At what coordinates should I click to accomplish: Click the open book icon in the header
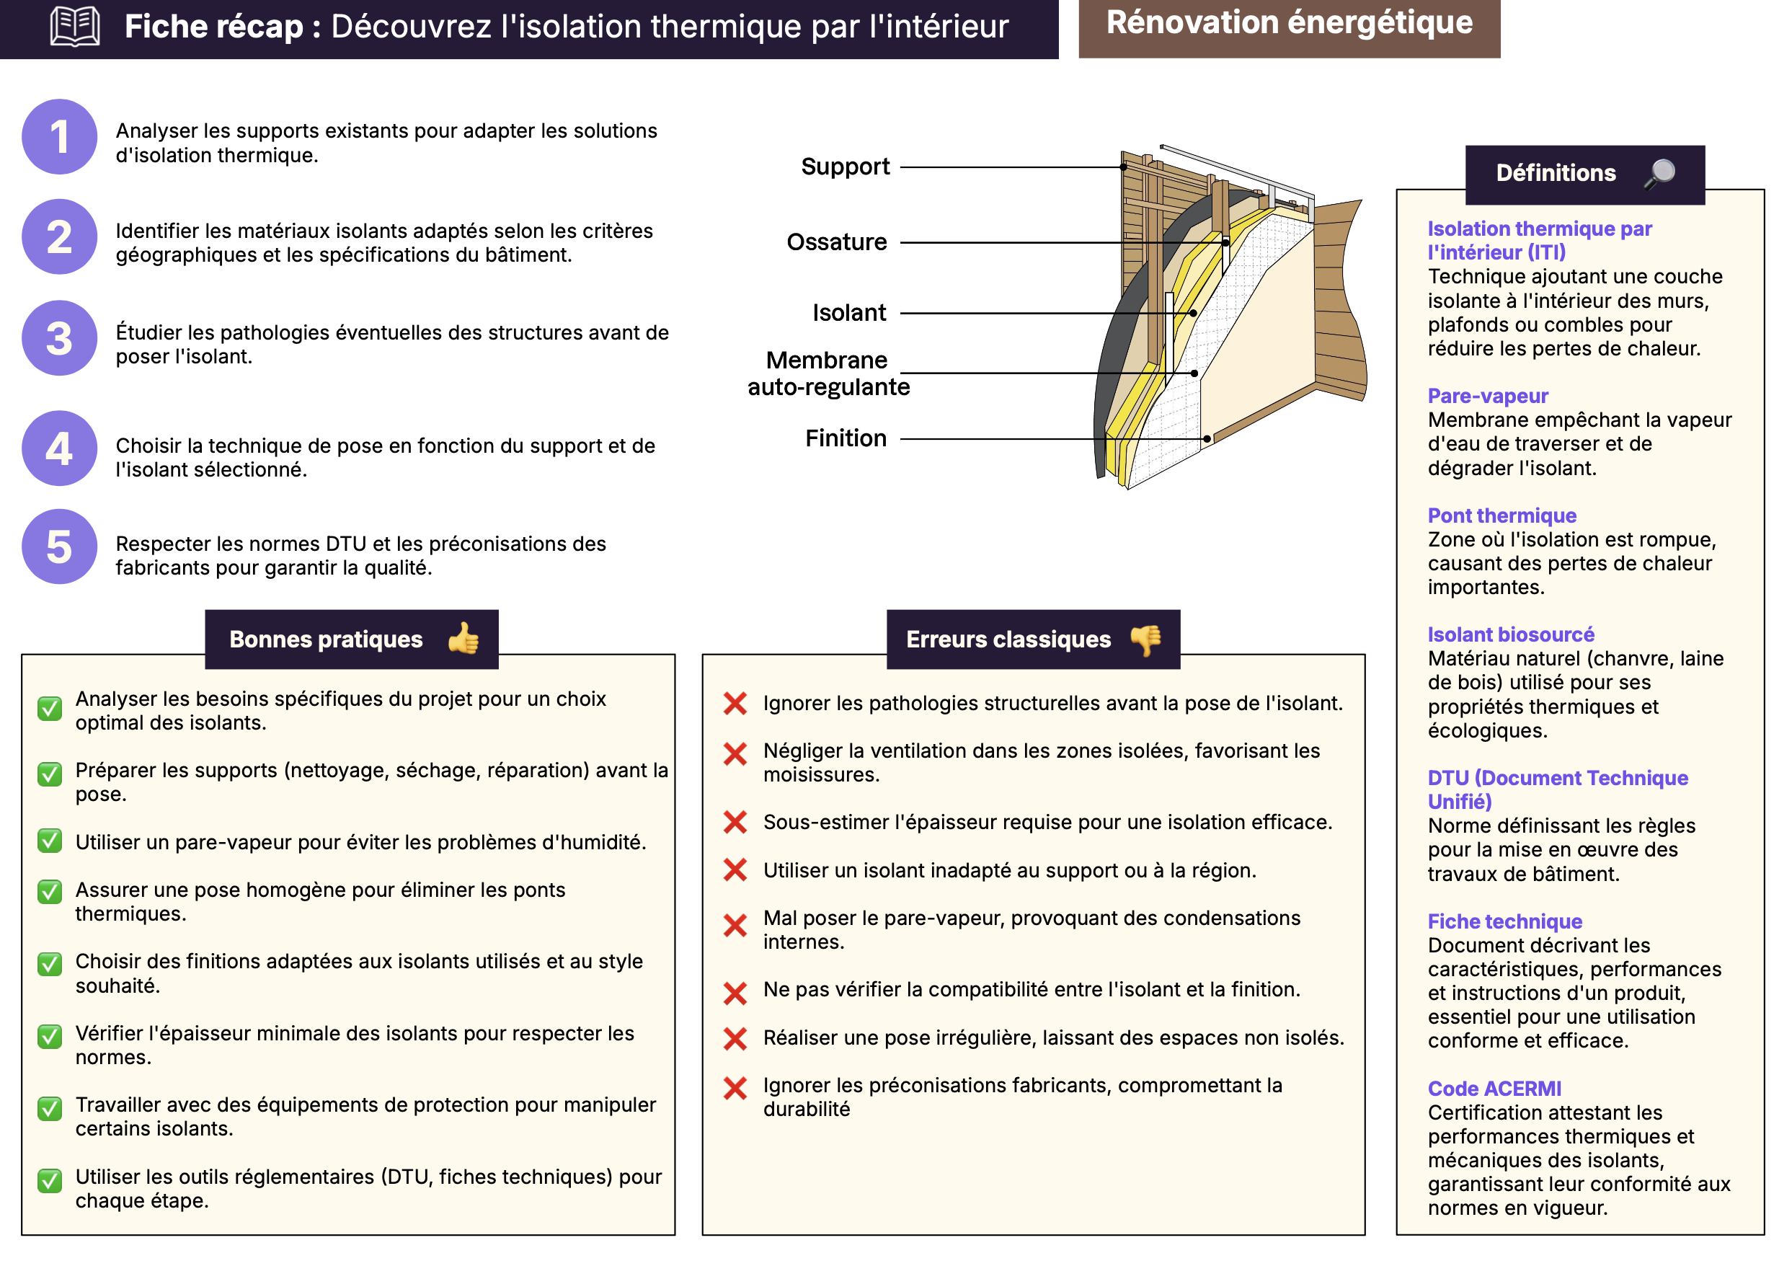[75, 27]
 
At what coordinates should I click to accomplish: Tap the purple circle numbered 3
[59, 338]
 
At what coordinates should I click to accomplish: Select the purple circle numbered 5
[59, 546]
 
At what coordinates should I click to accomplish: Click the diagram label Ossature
[837, 242]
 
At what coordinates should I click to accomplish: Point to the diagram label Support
[846, 167]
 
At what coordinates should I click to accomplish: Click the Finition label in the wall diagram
[846, 438]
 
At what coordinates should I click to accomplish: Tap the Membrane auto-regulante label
[828, 373]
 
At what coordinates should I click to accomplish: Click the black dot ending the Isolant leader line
[1194, 313]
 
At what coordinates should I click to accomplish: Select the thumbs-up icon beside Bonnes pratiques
[463, 639]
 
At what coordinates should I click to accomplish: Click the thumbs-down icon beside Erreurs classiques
[1145, 640]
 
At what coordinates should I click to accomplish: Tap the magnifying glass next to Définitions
[1659, 172]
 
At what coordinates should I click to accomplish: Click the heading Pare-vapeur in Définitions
[1488, 396]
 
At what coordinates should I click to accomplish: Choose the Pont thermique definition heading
[1502, 515]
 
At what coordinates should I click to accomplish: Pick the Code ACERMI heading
[1494, 1088]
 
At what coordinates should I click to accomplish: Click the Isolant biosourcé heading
[1510, 634]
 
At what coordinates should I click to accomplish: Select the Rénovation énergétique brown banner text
[1290, 23]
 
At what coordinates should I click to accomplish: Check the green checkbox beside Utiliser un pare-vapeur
[50, 841]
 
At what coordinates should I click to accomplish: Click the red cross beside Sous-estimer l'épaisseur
[735, 822]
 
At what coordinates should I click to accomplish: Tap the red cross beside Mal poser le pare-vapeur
[735, 926]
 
